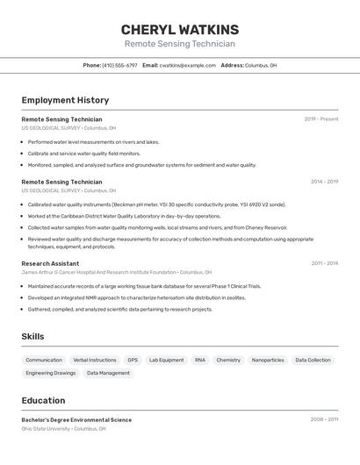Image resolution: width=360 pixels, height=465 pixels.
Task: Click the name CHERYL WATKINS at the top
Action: coord(179,29)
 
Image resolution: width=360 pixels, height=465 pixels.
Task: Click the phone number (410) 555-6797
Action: coord(119,65)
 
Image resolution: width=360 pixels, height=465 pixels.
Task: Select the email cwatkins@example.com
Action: coord(187,65)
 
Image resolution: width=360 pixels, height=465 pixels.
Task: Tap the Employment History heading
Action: coord(65,100)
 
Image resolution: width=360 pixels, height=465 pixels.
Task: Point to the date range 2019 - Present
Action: coord(320,119)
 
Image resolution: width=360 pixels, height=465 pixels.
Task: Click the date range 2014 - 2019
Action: coord(324,182)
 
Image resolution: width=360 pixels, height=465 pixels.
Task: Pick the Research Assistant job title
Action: coord(50,263)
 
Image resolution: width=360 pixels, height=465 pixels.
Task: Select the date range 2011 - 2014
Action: coord(324,263)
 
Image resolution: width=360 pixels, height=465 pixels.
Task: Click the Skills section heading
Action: coord(32,336)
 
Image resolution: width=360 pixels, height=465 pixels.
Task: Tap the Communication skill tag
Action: coord(44,360)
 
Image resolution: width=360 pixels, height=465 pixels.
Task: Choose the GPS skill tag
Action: coord(133,360)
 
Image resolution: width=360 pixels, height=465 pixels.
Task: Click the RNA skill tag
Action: coord(200,360)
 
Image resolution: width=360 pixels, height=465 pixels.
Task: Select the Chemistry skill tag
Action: coord(228,360)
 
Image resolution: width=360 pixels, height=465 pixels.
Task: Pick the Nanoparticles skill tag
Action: coord(268,360)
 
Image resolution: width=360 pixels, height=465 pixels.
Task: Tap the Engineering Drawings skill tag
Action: coord(51,373)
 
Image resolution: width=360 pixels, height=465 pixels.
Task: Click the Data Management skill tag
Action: coord(108,373)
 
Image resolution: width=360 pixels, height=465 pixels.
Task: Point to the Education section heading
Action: coord(43,400)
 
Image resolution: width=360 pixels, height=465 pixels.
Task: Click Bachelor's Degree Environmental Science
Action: coord(76,420)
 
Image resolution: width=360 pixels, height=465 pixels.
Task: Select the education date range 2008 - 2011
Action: coord(324,420)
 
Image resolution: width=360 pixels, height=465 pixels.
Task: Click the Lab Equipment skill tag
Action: coord(167,360)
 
